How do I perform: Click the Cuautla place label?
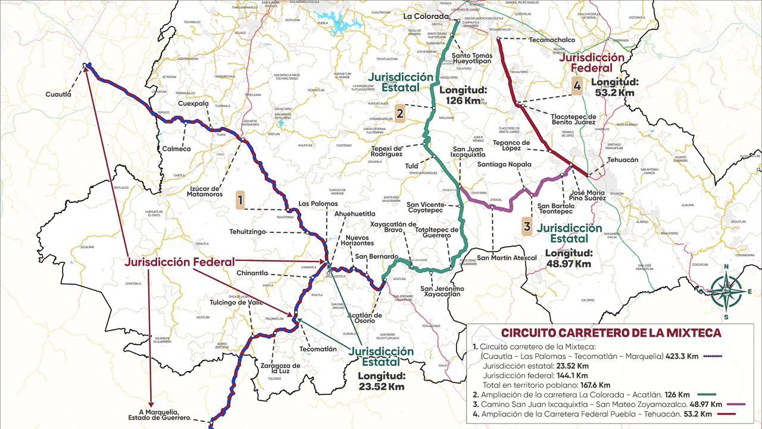tap(58, 94)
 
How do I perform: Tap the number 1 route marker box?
tap(240, 200)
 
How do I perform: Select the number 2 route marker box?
tap(399, 113)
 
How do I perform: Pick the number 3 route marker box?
tap(527, 226)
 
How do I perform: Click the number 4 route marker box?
tap(576, 86)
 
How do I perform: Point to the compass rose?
tap(726, 291)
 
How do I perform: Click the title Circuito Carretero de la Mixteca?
tap(611, 333)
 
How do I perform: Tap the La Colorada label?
tap(425, 16)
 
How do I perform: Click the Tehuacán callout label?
tap(623, 160)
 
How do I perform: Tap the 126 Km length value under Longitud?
tap(460, 101)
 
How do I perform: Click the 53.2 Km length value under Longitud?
tap(614, 92)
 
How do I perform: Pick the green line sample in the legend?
tap(705, 394)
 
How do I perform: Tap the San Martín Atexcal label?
tap(507, 258)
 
